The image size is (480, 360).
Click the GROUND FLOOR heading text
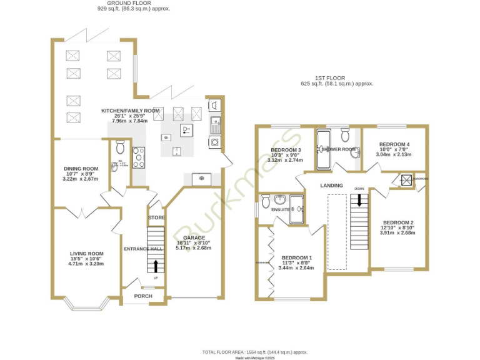(x=133, y=3)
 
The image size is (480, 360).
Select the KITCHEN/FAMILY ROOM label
(x=131, y=111)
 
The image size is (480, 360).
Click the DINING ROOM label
(x=81, y=168)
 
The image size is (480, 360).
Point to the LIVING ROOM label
(x=86, y=253)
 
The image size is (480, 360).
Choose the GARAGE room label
(x=194, y=237)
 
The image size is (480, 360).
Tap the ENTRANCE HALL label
(x=142, y=249)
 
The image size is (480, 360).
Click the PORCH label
(x=143, y=296)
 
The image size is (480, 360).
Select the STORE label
(x=156, y=217)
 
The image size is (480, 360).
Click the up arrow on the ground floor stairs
(x=156, y=266)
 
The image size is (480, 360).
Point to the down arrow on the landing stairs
(x=359, y=200)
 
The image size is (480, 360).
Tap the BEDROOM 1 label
(x=296, y=257)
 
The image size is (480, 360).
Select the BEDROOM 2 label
(x=398, y=222)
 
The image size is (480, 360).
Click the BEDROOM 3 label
(x=286, y=150)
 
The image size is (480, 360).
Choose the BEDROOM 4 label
(x=394, y=144)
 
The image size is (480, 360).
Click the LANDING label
(x=331, y=186)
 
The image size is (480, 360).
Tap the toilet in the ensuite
(x=266, y=201)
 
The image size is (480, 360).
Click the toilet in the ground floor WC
(x=121, y=147)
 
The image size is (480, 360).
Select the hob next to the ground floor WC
(x=138, y=157)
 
